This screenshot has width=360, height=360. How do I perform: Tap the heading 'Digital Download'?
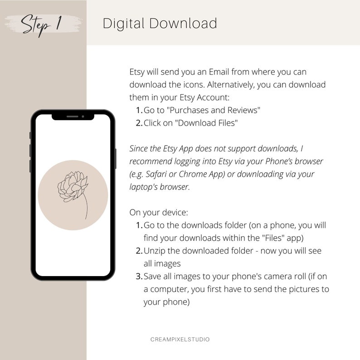160,23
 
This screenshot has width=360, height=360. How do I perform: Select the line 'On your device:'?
156,212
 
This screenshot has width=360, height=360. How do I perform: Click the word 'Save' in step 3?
152,276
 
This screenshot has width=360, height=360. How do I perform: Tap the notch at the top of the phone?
73,117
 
